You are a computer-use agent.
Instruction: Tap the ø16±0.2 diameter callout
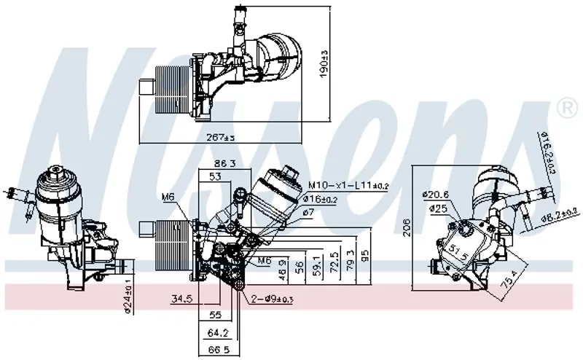click(321, 199)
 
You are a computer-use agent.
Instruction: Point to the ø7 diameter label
click(308, 211)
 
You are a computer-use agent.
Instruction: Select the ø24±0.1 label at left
click(128, 295)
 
